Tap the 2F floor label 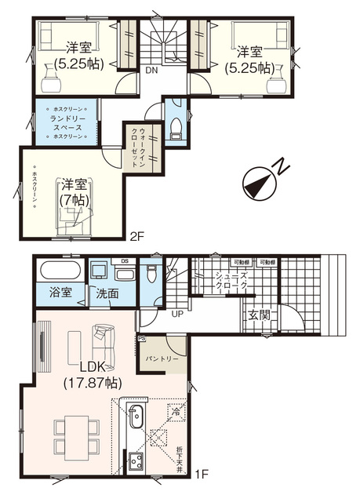138,235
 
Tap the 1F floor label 202,473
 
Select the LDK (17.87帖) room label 92,375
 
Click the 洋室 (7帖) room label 75,192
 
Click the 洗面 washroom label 107,293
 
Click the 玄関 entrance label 260,315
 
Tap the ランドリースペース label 67,122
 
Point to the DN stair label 150,69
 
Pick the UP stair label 178,313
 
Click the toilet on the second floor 177,126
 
